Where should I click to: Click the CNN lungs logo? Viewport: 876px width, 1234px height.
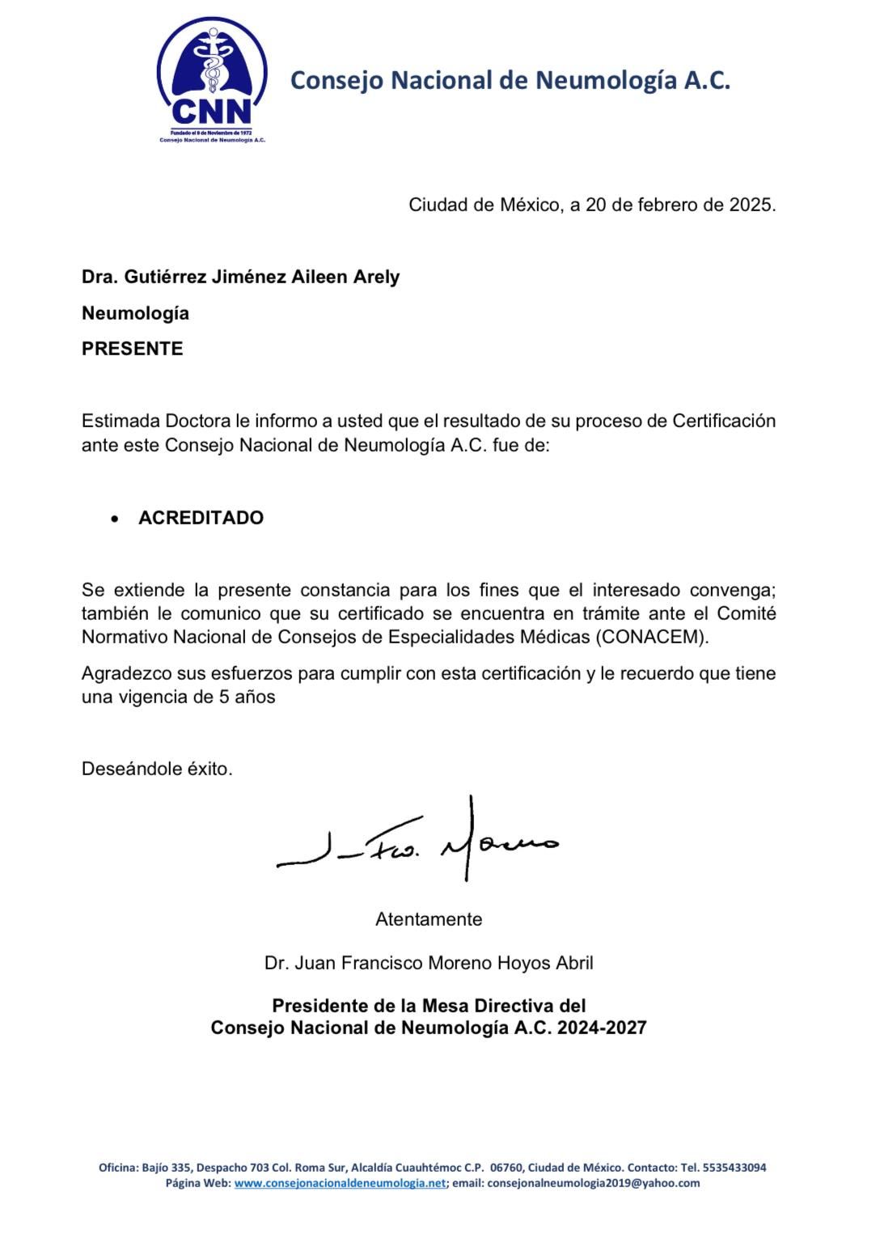[x=212, y=77]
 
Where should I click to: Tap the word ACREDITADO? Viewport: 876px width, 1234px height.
[x=201, y=518]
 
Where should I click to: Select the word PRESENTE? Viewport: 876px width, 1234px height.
[x=132, y=349]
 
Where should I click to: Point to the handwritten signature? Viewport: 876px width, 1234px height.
[x=417, y=842]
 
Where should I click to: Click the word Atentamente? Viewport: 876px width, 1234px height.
[x=429, y=919]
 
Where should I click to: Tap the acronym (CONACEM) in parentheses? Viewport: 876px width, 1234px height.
[x=652, y=637]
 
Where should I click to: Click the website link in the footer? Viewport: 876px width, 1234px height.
[x=340, y=1183]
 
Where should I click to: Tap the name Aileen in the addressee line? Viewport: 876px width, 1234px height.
[x=321, y=277]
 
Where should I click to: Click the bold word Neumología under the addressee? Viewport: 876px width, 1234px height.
[x=135, y=313]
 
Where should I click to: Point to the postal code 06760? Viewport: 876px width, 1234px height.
[x=507, y=1168]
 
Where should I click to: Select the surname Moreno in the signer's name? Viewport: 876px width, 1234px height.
[x=455, y=963]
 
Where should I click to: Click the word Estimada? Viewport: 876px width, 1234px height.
[x=121, y=421]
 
